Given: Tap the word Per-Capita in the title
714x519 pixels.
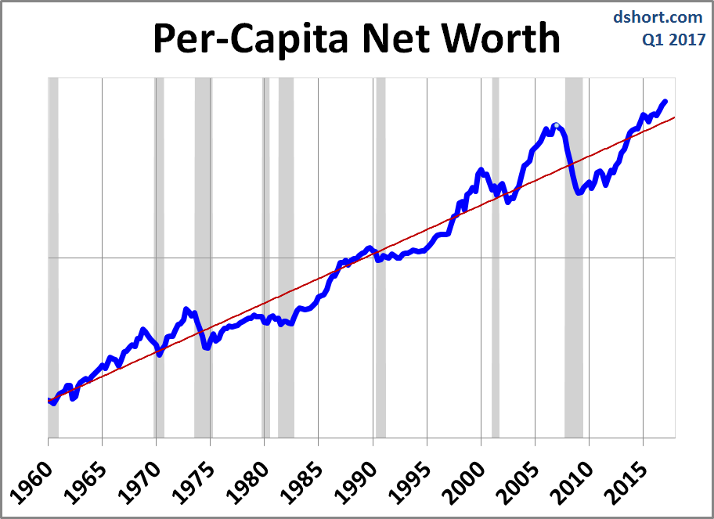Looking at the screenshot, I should pos(251,39).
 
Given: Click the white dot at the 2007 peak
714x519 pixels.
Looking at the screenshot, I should pos(556,126).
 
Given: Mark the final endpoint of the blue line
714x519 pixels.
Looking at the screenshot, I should pos(665,101).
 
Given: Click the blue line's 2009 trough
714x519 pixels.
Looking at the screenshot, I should pos(579,192).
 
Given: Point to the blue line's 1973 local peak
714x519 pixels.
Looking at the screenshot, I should pos(186,310).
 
